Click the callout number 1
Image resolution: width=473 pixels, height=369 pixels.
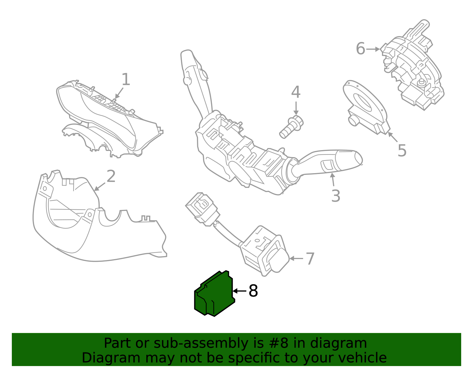(126, 79)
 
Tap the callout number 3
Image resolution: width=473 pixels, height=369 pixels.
(336, 196)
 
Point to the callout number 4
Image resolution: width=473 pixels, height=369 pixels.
(296, 92)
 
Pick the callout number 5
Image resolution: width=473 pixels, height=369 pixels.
(402, 150)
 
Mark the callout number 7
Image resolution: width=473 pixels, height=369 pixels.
(310, 259)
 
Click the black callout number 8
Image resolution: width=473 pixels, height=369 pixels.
(253, 291)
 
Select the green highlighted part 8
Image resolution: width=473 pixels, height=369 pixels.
(214, 294)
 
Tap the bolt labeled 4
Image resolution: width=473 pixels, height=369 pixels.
(291, 127)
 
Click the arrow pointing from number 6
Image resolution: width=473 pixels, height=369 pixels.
(373, 49)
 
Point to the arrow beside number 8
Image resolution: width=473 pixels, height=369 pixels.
(239, 291)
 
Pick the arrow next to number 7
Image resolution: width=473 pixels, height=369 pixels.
(296, 258)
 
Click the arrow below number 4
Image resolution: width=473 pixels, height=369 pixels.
(296, 108)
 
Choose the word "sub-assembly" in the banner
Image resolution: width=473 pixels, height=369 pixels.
(201, 343)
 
